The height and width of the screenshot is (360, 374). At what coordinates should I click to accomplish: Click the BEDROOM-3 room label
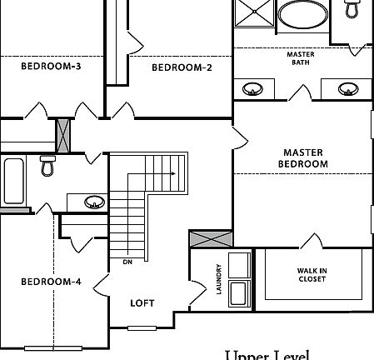coord(50,67)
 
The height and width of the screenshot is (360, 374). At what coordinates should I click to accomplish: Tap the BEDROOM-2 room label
coord(182,67)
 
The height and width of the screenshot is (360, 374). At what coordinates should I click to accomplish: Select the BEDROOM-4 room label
coord(51,282)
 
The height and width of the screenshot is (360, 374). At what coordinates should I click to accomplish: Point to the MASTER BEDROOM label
coord(302,158)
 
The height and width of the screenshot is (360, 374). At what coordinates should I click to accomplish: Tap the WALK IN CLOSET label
coord(312,275)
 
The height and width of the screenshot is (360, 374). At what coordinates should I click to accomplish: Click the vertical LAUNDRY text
coord(219,278)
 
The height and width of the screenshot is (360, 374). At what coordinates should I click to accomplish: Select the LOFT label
coord(142,302)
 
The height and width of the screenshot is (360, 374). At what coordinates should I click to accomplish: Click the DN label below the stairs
coord(127,262)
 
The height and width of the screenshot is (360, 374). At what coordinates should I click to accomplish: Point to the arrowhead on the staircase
coord(172,174)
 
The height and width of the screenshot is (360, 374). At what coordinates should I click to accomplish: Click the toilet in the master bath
coord(352,10)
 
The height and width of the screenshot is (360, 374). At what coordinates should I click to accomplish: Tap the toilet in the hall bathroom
coord(47,167)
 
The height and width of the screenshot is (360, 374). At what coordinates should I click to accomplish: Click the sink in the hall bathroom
coord(94,202)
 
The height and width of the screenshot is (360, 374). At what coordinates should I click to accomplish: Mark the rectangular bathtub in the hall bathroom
coord(15,182)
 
